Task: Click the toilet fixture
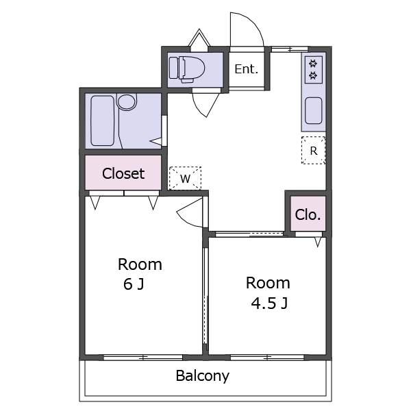(186, 69)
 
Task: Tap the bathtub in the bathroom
(103, 121)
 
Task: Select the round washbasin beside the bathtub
(127, 101)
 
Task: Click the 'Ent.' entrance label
(247, 69)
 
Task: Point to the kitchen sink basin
(314, 110)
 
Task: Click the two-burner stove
(314, 70)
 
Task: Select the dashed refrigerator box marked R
(314, 150)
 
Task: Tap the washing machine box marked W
(186, 178)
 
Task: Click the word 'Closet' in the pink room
(123, 173)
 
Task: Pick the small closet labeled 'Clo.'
(308, 214)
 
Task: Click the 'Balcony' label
(202, 376)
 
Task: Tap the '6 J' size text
(134, 284)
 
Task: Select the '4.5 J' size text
(269, 303)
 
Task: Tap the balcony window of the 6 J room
(143, 358)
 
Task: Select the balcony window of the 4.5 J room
(267, 358)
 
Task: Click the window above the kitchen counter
(289, 49)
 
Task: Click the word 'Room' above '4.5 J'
(268, 283)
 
